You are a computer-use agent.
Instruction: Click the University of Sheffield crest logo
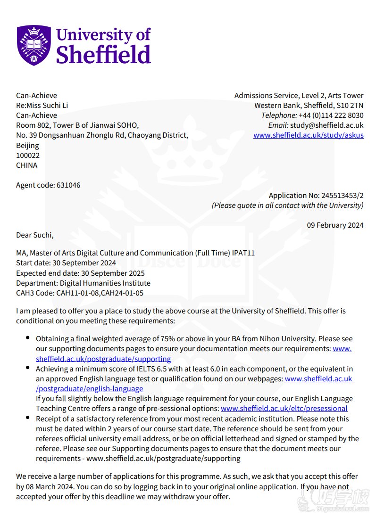[33, 46]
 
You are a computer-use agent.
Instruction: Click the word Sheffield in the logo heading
[103, 54]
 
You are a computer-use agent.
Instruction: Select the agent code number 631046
[68, 185]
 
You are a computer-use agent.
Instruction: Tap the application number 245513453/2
[342, 195]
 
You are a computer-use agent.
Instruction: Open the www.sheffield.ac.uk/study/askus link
[308, 135]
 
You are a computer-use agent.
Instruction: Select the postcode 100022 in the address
[28, 155]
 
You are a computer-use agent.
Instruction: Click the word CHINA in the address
[26, 165]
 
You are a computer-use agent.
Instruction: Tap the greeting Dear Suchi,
[35, 235]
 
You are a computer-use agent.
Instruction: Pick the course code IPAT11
[243, 253]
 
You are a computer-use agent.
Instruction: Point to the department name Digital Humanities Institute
[105, 283]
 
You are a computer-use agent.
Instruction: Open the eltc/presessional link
[284, 408]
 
